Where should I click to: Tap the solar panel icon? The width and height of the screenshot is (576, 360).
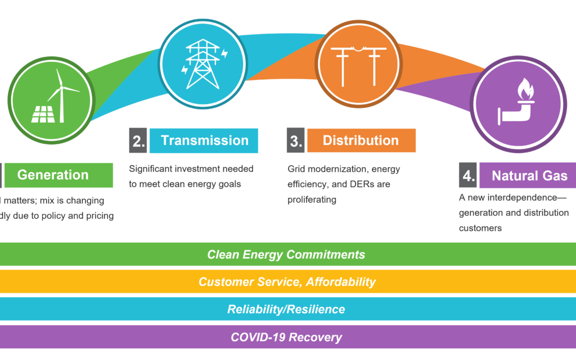coord(44,113)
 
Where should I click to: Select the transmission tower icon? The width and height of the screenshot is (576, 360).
coord(203,63)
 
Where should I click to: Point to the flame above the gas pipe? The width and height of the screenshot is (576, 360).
coord(525,91)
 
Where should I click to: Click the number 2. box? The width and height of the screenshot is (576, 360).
coord(138,141)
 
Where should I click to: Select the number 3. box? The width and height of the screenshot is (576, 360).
coord(295,141)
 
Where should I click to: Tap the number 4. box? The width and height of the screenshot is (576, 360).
coord(468,176)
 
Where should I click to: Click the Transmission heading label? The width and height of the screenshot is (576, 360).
coord(204,141)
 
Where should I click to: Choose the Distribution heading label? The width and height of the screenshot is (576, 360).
coord(361,141)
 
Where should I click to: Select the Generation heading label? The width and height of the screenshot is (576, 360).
coord(53,175)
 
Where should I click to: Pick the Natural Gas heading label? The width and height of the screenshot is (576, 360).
coord(529,176)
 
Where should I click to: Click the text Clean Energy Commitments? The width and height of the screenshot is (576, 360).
coord(286,254)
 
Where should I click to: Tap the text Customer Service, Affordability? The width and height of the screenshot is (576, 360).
coord(287,282)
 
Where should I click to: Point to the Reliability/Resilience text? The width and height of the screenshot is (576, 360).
coord(286,309)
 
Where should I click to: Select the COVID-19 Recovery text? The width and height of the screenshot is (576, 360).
coord(286,337)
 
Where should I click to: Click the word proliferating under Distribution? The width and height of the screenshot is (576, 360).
coord(312,199)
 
